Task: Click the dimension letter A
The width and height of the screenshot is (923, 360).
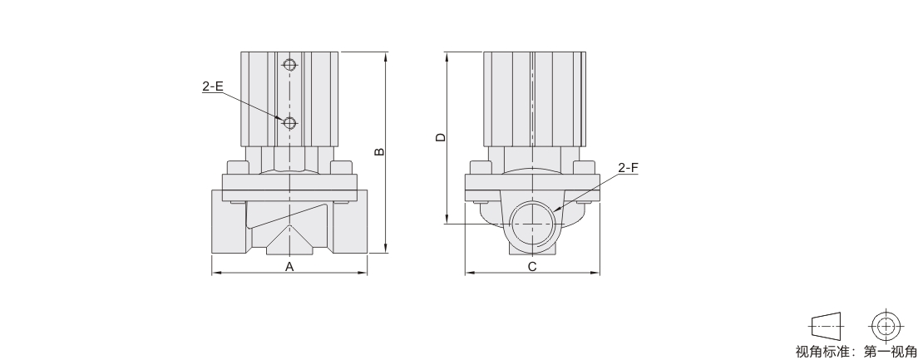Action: pos(289,267)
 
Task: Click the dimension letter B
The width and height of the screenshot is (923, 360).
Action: pos(380,152)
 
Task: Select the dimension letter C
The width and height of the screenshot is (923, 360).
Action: pos(532,267)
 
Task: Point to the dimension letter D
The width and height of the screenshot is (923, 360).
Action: pos(441,138)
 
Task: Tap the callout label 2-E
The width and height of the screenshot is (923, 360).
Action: pos(213,86)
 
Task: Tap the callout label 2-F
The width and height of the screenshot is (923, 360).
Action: pos(628,168)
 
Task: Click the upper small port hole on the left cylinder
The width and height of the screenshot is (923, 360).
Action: pos(289,63)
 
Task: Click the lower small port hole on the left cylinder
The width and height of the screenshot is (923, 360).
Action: pos(289,122)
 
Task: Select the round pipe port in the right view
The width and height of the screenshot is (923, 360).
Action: pos(531,224)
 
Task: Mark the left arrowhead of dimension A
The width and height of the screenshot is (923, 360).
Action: pos(215,273)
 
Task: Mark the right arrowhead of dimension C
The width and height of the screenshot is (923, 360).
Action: pos(595,273)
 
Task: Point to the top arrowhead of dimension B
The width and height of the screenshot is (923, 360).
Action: pos(386,56)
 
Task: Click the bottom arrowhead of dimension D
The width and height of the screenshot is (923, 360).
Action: pos(448,219)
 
